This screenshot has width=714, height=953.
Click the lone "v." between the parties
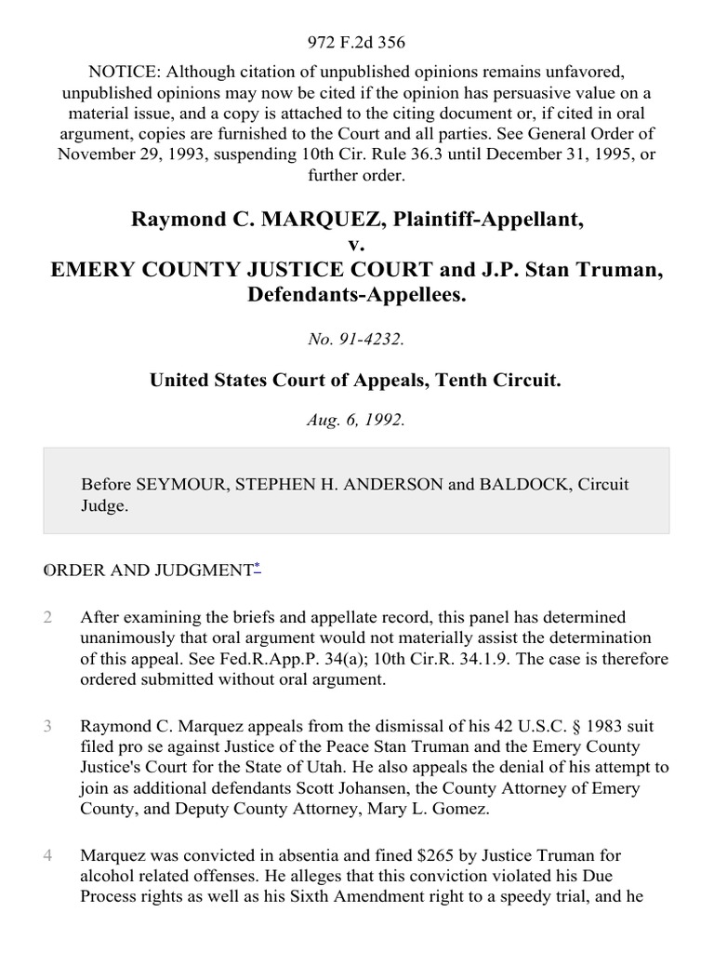(x=357, y=245)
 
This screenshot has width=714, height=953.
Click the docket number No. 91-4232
(x=357, y=340)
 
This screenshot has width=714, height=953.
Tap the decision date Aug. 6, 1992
(x=357, y=420)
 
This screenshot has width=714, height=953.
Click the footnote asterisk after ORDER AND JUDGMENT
(x=257, y=566)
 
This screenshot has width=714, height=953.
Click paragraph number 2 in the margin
(x=47, y=617)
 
